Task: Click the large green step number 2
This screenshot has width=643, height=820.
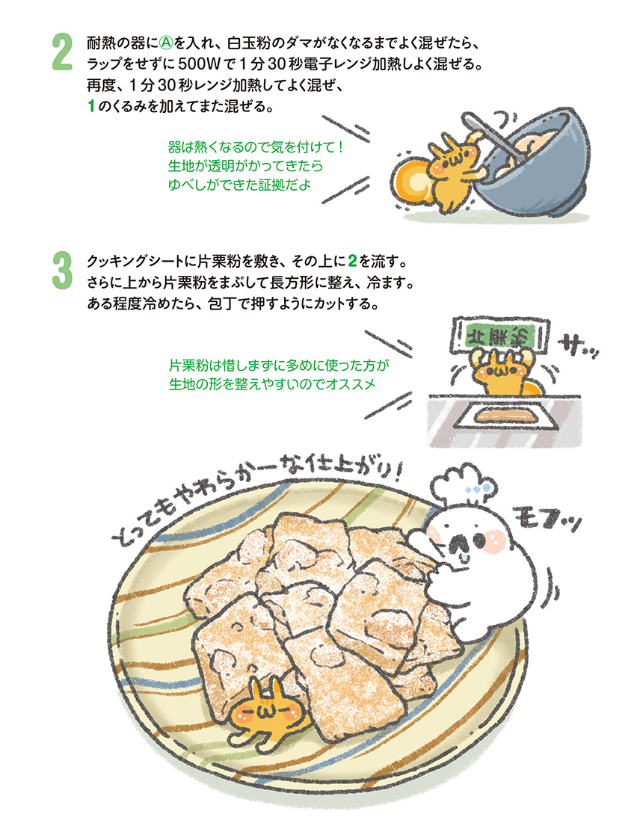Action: (62, 52)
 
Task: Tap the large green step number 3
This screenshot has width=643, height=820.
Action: (62, 271)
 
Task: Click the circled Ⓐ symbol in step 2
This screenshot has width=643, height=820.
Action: (165, 43)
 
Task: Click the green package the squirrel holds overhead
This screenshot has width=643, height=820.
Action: (499, 335)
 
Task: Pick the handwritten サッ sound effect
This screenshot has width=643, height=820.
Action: (578, 348)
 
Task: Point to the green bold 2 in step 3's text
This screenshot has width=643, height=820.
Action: (352, 261)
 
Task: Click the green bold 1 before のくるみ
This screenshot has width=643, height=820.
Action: (91, 107)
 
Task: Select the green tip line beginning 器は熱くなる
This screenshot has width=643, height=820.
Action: (256, 147)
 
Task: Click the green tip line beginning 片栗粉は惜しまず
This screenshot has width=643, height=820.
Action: (279, 365)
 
